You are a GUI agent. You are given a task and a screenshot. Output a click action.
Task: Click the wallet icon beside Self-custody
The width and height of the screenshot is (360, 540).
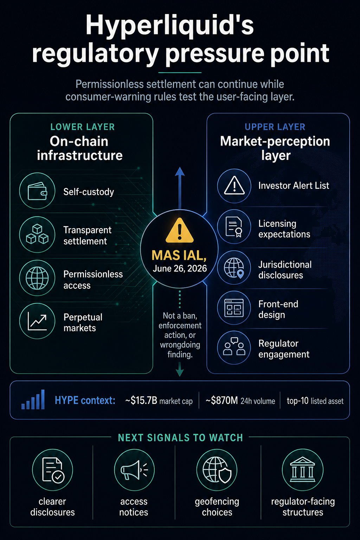click(37, 191)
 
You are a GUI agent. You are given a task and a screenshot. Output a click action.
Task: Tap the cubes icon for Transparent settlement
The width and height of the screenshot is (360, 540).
click(37, 234)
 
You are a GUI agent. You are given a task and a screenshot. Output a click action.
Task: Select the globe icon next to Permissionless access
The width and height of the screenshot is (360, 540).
click(37, 278)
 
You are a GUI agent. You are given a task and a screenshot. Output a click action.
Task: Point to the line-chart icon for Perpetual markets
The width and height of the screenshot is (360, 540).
click(37, 321)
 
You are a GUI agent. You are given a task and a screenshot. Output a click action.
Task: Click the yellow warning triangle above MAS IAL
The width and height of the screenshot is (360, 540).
click(180, 230)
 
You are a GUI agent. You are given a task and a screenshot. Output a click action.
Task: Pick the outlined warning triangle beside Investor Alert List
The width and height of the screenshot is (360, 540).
click(234, 185)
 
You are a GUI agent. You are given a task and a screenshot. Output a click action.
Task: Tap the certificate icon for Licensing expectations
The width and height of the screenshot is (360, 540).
click(234, 227)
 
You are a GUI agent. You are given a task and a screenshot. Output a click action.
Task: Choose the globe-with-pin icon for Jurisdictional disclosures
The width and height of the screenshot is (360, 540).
click(234, 268)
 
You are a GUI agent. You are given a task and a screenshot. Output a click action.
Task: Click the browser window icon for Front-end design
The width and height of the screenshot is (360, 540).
click(234, 308)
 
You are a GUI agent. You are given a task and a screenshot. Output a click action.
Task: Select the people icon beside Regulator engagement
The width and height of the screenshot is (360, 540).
click(234, 346)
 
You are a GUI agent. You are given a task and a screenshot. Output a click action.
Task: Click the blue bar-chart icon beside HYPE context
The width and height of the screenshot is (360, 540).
click(33, 399)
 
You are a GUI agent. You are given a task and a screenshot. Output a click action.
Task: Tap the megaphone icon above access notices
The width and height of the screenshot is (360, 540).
click(134, 470)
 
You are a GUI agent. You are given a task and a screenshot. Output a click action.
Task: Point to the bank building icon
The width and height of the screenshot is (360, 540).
click(303, 470)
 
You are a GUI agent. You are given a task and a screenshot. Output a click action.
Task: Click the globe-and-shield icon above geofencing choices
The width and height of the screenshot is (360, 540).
click(217, 470)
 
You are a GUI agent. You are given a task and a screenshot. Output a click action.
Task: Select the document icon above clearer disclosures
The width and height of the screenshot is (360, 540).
click(53, 470)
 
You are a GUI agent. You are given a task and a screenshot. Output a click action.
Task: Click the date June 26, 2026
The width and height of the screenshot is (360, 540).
click(180, 269)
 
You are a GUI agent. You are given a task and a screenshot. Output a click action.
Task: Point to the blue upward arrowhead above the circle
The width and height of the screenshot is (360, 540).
click(180, 172)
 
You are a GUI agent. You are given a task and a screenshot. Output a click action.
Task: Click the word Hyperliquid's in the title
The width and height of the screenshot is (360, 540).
click(170, 26)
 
